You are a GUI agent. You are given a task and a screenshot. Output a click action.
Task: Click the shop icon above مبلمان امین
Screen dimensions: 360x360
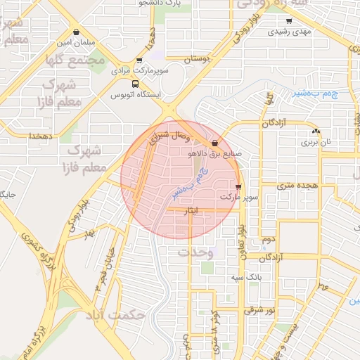[76, 32]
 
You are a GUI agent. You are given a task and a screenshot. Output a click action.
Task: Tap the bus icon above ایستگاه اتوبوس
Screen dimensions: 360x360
[136, 83]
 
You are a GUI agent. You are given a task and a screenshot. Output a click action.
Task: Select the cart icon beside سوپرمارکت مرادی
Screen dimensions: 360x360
[140, 60]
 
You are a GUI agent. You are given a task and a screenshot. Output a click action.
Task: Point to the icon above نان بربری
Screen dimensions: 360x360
[316, 131]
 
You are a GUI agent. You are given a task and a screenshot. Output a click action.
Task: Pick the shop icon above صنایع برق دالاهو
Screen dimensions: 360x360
[214, 143]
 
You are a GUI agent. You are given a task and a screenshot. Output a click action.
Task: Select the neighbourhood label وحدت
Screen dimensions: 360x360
[195, 252]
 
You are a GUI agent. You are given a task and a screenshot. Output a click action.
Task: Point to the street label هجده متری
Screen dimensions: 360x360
[298, 186]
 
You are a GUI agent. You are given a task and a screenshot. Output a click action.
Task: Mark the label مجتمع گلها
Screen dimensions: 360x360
[74, 60]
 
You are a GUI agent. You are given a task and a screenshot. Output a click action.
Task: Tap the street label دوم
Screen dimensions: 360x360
[267, 240]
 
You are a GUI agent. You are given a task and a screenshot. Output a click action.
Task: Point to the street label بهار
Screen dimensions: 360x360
[88, 233]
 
